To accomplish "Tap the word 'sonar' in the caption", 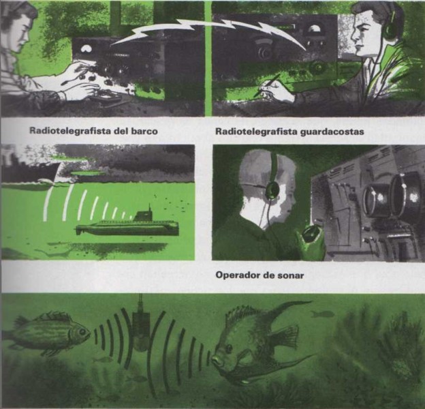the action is click(x=291, y=275).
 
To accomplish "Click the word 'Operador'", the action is click(x=238, y=275).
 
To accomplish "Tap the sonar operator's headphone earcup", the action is click(x=272, y=190).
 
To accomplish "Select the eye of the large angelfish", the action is click(x=228, y=348).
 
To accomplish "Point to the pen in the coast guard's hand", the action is click(x=267, y=85).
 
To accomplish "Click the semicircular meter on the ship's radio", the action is click(x=87, y=49).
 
